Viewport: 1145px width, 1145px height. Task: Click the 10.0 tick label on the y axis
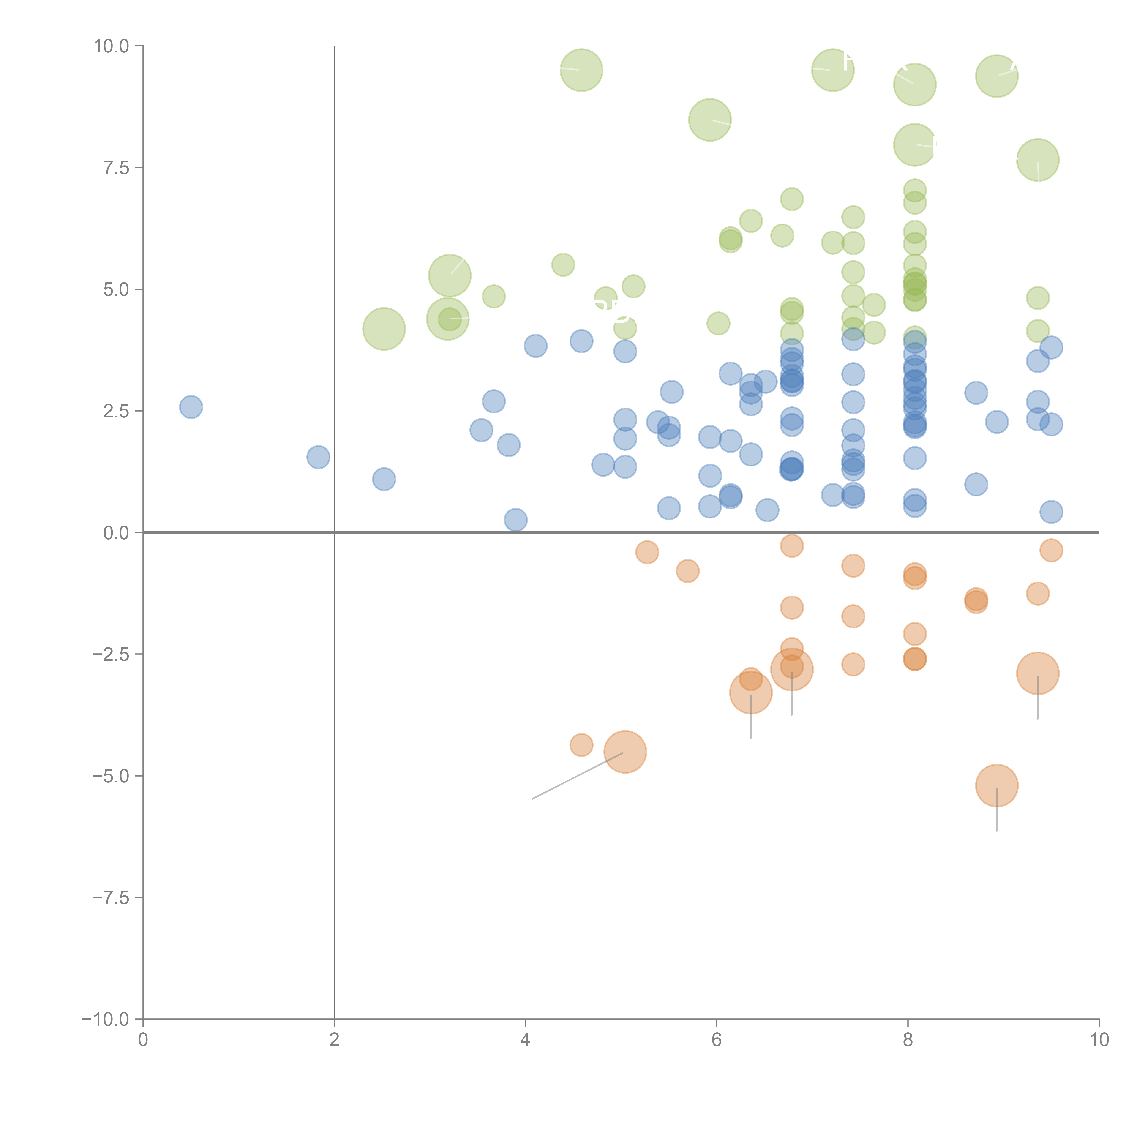[112, 46]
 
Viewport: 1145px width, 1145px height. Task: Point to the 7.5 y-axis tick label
[116, 168]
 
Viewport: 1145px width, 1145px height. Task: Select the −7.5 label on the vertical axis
[112, 897]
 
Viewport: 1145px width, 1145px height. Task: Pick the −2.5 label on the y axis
[112, 654]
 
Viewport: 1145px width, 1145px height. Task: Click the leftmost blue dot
[191, 407]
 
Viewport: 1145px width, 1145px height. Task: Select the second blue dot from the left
[318, 457]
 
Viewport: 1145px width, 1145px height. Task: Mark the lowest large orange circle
[997, 786]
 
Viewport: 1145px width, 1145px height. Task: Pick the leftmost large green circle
[384, 329]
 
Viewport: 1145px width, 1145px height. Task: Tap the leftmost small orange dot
[581, 745]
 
